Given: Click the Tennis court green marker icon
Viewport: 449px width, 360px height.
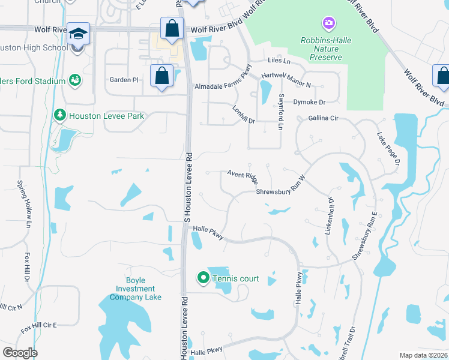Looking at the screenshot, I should (x=203, y=278).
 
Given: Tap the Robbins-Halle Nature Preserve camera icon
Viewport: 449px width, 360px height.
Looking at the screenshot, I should (x=328, y=23).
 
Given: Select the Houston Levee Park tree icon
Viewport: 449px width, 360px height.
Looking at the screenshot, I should (x=59, y=115).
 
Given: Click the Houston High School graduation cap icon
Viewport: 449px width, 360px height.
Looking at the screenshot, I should (x=78, y=34).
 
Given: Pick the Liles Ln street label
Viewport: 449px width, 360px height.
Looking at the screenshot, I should (x=279, y=61).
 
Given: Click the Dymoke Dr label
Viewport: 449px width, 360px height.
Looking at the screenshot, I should (x=309, y=102).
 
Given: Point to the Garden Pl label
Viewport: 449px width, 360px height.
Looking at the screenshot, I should (x=124, y=79).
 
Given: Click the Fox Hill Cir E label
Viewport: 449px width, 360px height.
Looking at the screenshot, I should (x=38, y=326).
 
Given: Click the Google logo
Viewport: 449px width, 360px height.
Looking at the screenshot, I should (x=20, y=353).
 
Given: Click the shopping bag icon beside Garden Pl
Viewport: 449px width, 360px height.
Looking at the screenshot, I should (x=161, y=76).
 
